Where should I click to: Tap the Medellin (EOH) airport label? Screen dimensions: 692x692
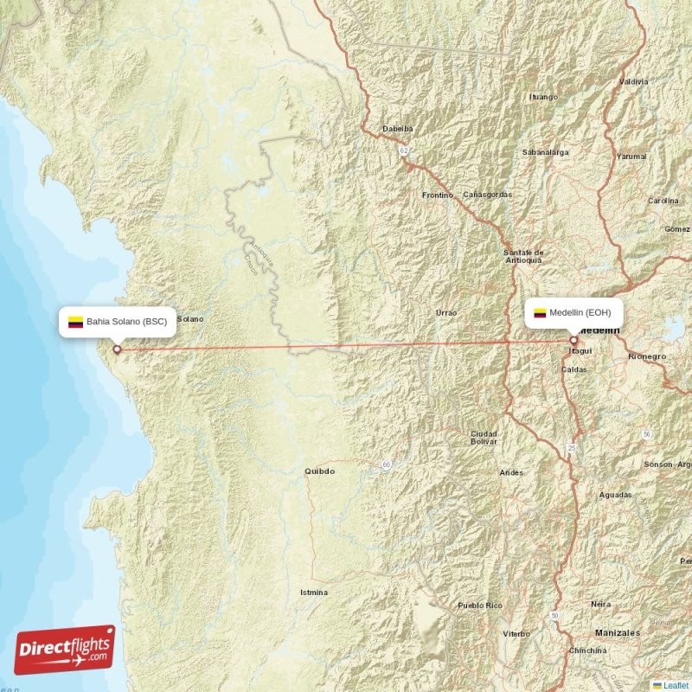(x=586, y=312)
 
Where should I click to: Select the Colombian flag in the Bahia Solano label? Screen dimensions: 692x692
(x=75, y=322)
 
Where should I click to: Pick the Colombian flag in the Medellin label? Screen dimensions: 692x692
(x=540, y=313)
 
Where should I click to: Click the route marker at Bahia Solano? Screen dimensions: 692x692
(x=117, y=350)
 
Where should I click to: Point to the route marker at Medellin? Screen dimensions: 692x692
(x=573, y=341)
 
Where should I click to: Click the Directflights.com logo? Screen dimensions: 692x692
(x=65, y=650)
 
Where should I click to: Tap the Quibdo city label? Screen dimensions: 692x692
(x=318, y=471)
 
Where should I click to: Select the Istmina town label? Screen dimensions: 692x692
(x=313, y=593)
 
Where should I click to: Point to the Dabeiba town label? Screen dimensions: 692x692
(x=398, y=129)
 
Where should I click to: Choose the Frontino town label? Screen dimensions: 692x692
(x=438, y=195)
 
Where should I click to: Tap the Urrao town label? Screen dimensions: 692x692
(x=446, y=311)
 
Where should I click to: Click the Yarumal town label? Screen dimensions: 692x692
(x=631, y=157)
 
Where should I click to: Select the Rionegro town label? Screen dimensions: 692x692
(x=647, y=356)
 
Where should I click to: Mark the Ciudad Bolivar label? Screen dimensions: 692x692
(x=484, y=437)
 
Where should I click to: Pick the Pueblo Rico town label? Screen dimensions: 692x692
(x=480, y=605)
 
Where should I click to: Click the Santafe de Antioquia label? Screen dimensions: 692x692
(x=523, y=256)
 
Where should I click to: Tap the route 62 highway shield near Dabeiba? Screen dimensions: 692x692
(x=403, y=150)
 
